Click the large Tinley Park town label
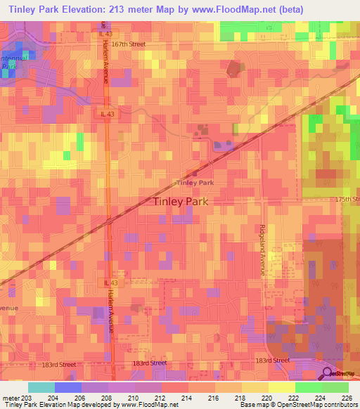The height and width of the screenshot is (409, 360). pyautogui.click(x=180, y=201)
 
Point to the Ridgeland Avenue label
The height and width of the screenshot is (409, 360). pyautogui.click(x=263, y=250)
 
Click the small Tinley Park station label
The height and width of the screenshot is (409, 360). pyautogui.click(x=195, y=183)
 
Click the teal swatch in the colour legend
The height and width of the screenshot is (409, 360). pyautogui.click(x=41, y=387)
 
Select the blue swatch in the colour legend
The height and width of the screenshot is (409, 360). pyautogui.click(x=67, y=387)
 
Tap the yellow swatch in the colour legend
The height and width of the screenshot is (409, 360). pyautogui.click(x=282, y=387)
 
